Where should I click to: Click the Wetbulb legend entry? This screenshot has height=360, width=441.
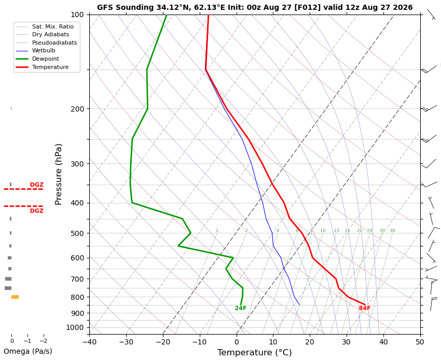44,51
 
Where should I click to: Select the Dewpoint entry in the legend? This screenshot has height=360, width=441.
46,59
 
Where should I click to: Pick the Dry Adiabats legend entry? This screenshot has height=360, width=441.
51,34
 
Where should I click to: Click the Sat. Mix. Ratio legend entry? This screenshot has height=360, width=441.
53,26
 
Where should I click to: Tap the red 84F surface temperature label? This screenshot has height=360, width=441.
365,308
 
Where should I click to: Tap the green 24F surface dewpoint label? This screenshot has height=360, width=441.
240,308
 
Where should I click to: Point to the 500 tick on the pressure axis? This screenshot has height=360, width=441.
77,233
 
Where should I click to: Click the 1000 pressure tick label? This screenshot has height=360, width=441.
75,327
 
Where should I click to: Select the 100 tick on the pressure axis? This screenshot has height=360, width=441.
77,15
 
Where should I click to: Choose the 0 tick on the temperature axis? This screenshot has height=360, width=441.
237,342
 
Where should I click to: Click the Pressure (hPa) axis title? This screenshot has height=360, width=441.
58,174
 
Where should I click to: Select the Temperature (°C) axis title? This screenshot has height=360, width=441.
255,352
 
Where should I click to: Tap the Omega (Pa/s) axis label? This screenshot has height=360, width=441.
28,351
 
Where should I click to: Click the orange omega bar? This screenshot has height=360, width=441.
15,297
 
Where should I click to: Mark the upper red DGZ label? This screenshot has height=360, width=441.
37,185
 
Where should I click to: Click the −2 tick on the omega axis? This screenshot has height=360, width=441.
44,341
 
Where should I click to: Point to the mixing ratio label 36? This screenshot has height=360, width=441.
392,230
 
